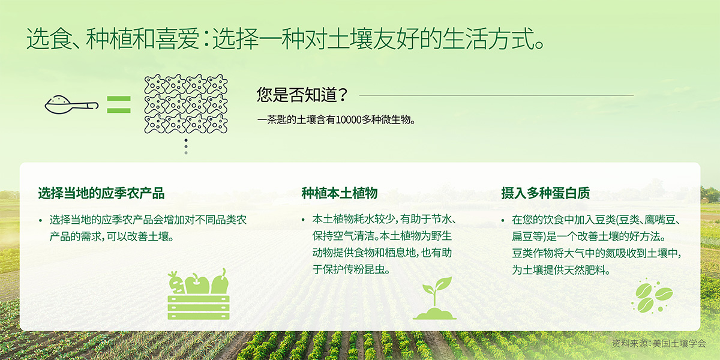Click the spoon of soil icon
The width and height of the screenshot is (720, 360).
(71, 105)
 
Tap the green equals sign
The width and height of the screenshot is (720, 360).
(119, 105)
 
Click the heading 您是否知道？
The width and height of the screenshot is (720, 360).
(302, 95)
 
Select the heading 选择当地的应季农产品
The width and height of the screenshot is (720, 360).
(101, 193)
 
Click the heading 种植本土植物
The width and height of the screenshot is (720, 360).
(340, 193)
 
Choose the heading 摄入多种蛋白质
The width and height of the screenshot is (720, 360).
(545, 193)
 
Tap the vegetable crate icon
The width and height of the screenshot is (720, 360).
(199, 295)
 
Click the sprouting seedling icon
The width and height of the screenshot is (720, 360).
(434, 298)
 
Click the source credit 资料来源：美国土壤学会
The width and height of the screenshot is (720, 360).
(659, 344)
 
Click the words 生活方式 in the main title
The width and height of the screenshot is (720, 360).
(488, 39)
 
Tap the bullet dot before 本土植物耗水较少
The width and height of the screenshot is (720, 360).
(303, 221)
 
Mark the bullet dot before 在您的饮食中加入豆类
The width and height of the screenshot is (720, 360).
(503, 221)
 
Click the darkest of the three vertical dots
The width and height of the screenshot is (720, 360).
(186, 140)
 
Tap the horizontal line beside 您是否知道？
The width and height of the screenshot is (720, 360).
(496, 95)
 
